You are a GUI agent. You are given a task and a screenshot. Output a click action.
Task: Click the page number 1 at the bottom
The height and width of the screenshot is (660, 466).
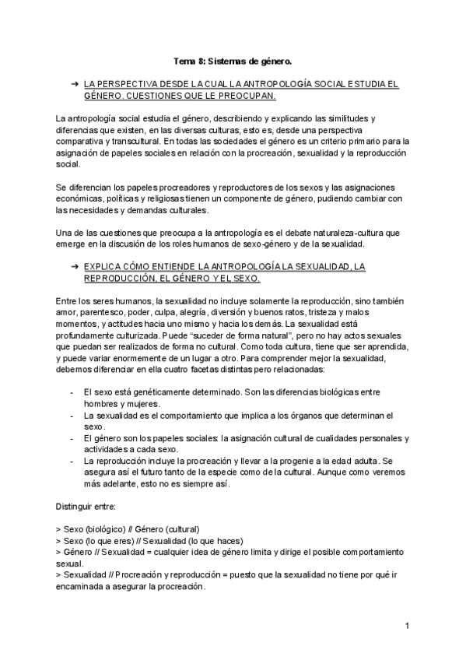(407, 626)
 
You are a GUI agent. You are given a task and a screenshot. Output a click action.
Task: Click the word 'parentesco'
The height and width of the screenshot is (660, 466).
(100, 312)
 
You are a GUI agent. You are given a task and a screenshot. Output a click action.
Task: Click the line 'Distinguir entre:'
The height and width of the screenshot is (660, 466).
(86, 507)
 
